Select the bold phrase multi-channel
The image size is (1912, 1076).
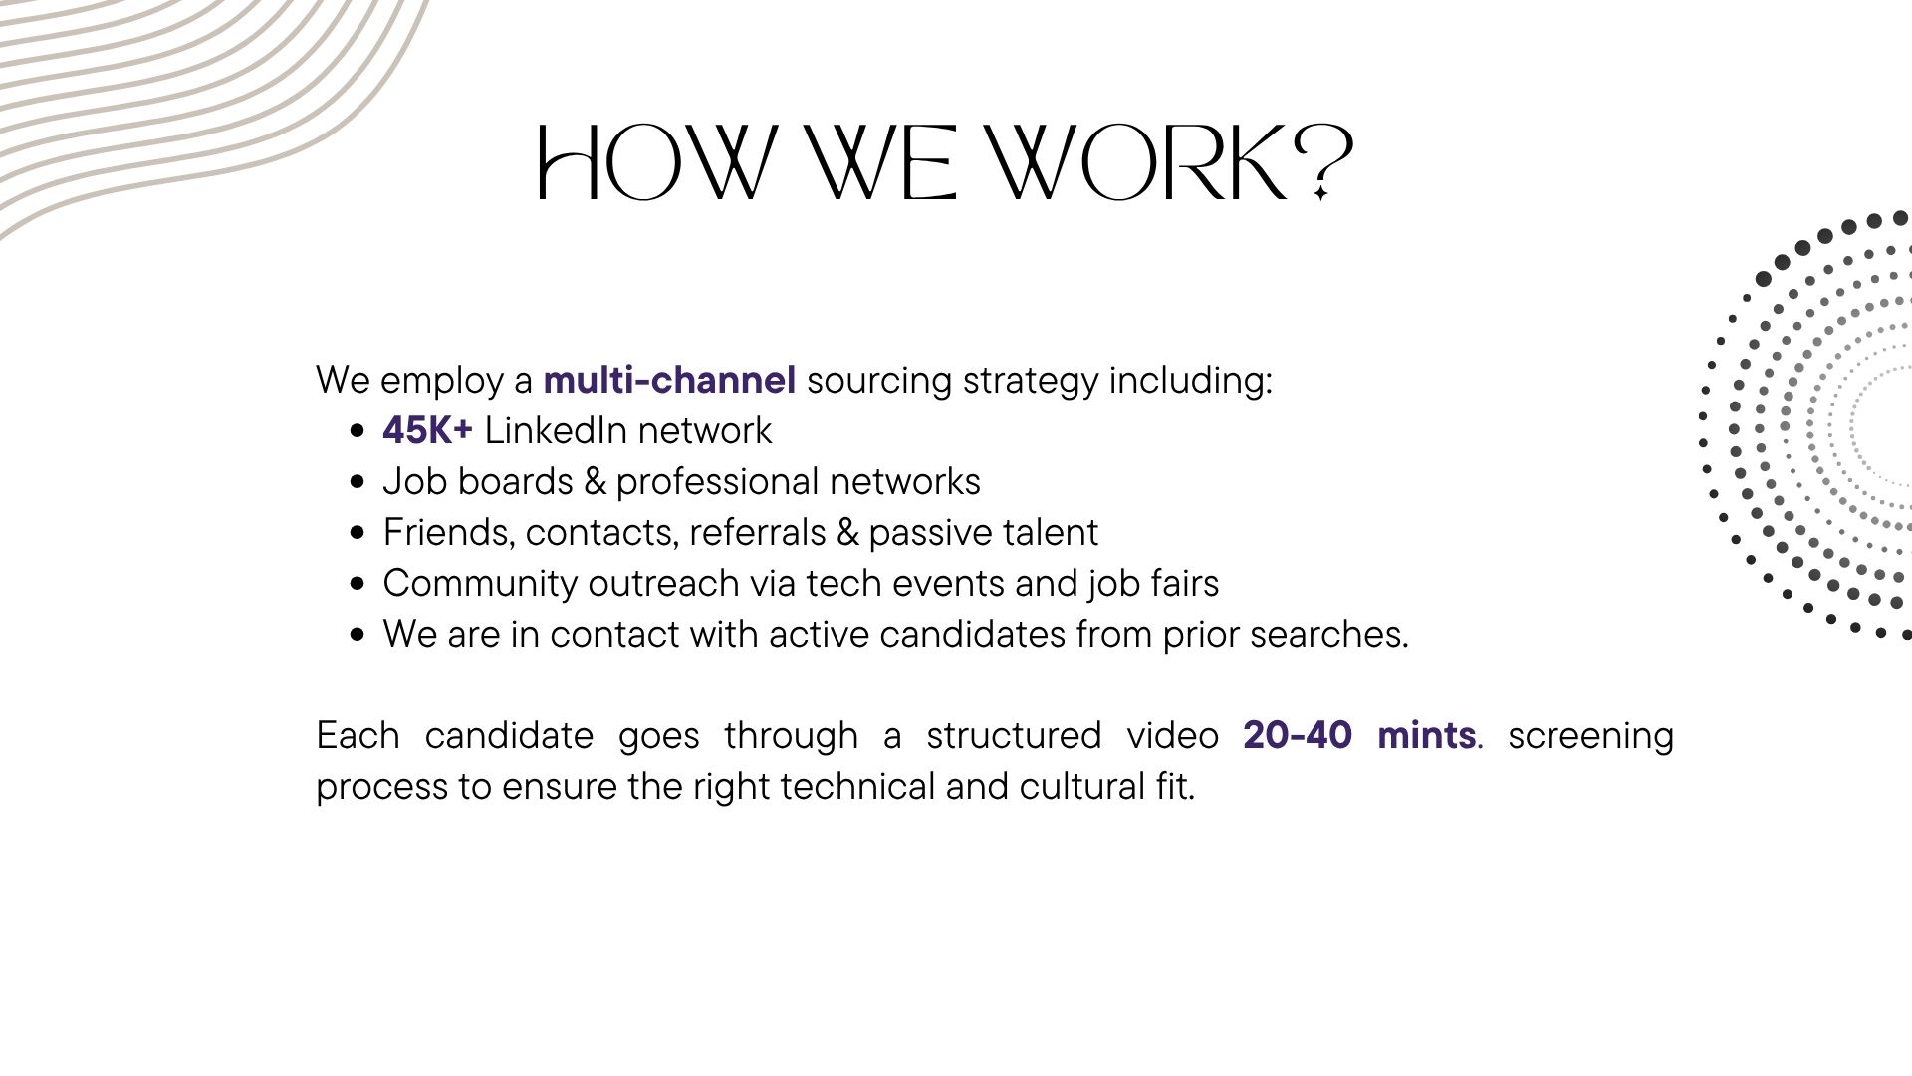tap(669, 380)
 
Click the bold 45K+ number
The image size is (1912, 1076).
tap(427, 430)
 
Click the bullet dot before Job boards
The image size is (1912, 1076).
tap(358, 483)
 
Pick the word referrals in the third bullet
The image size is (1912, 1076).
tap(757, 532)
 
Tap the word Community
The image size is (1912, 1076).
tap(480, 584)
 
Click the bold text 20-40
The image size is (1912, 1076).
tap(1298, 735)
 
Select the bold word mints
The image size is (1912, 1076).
tap(1426, 735)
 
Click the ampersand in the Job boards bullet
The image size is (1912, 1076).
tap(595, 481)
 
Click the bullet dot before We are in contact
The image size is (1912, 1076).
tap(358, 636)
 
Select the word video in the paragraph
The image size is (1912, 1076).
tap(1172, 735)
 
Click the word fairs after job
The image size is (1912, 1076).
tap(1186, 583)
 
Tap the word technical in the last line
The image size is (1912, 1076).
tap(857, 786)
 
